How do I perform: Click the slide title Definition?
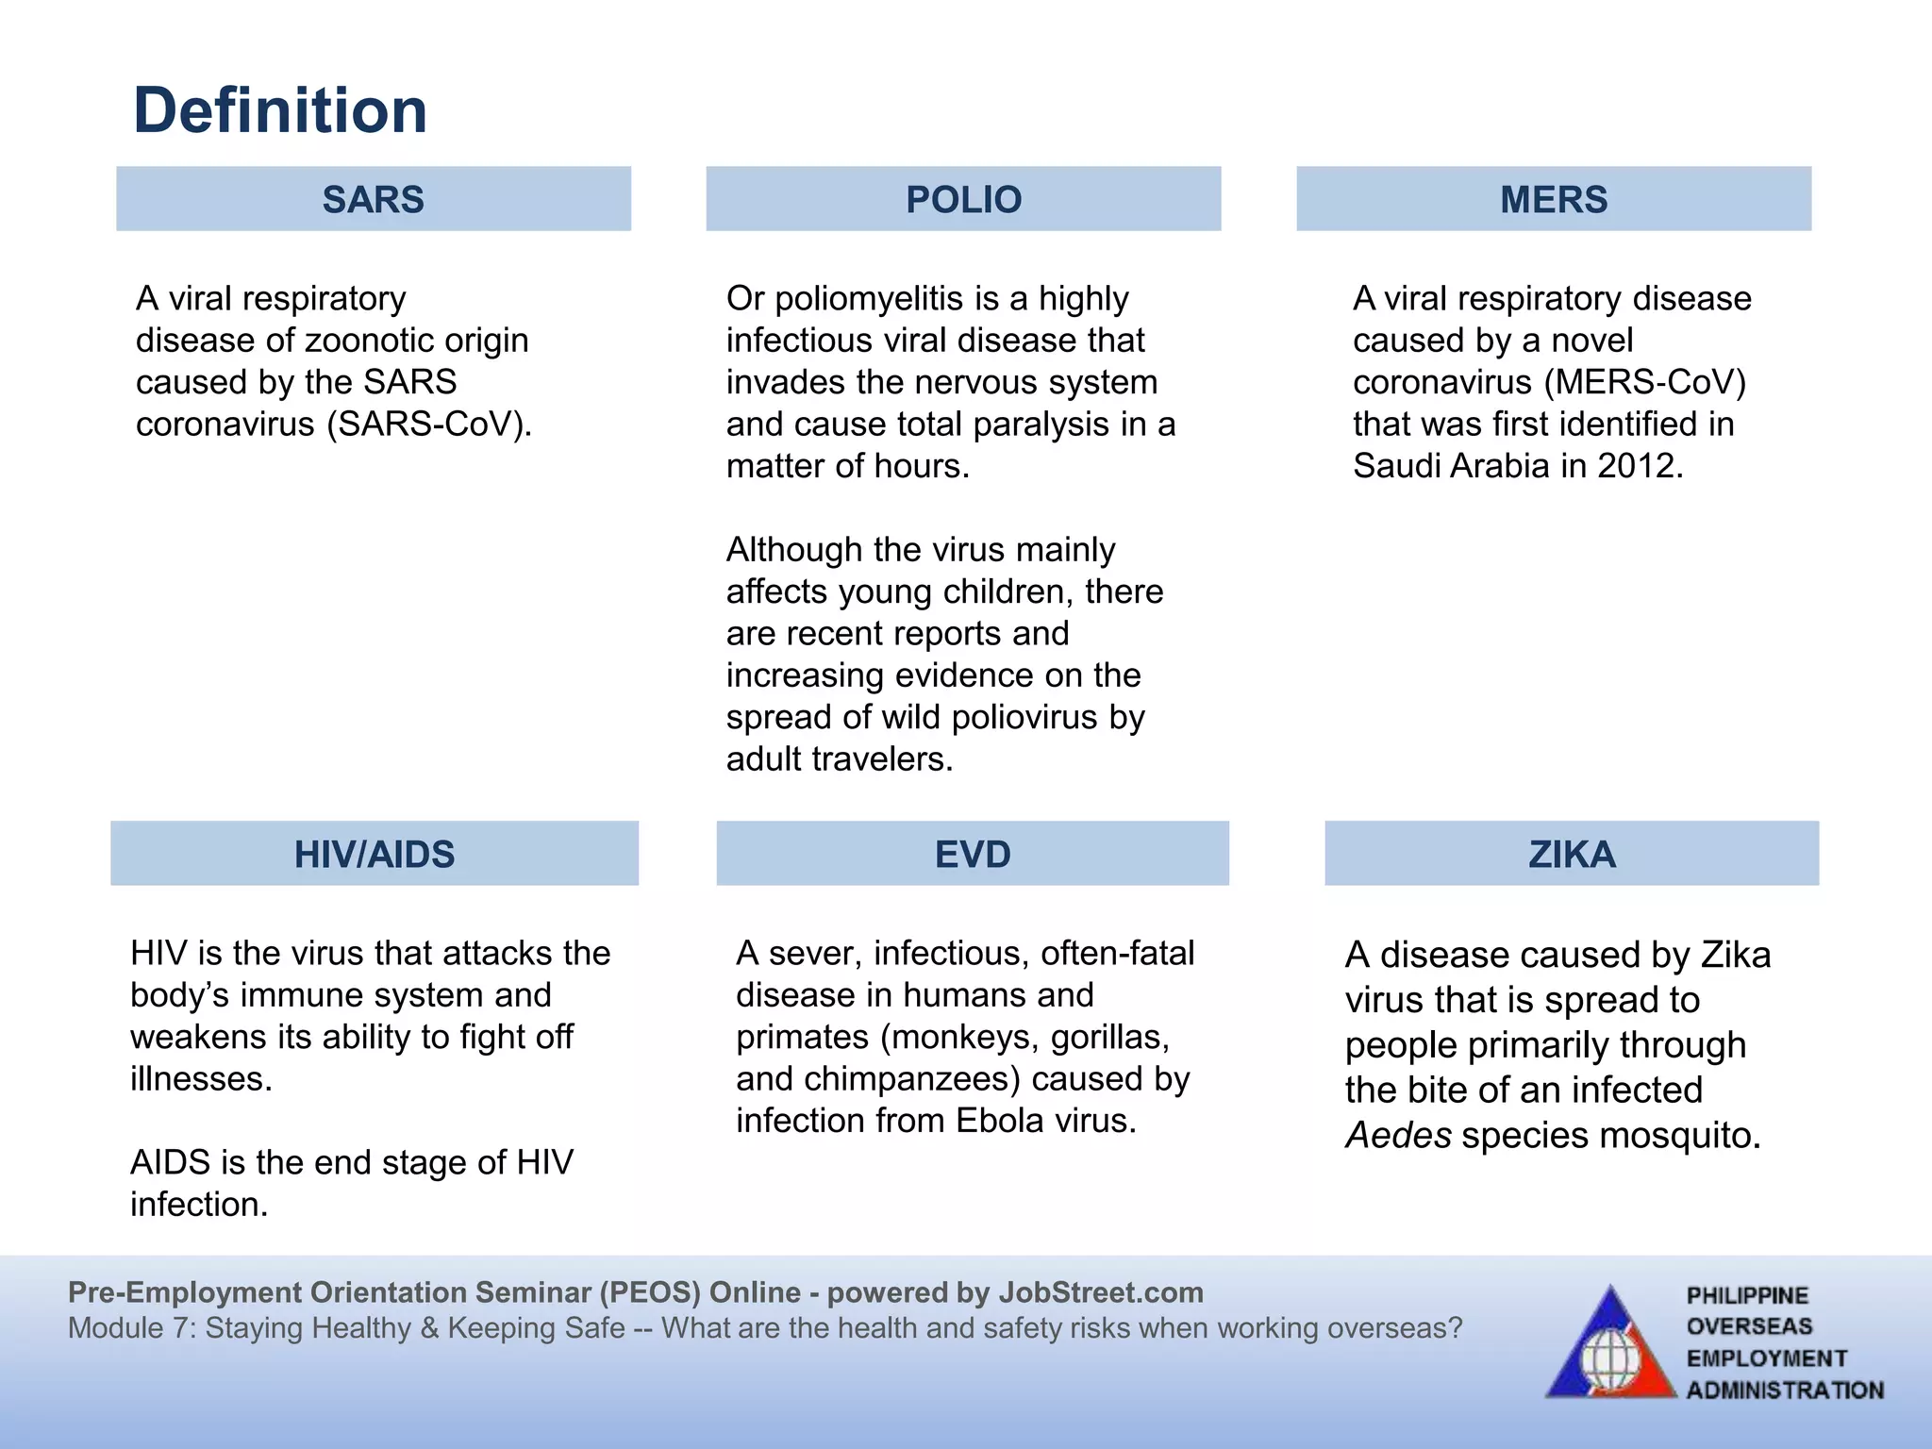[280, 110]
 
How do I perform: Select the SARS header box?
[374, 199]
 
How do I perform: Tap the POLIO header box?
[963, 199]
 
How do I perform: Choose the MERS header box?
[1554, 199]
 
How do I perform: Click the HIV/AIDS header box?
[375, 854]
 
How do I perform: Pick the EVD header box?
[973, 854]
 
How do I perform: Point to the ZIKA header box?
[1572, 854]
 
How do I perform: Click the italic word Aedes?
[1398, 1136]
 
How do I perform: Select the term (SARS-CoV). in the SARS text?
[429, 425]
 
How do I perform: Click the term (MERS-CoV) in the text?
[1645, 382]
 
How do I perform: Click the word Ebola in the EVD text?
[1000, 1121]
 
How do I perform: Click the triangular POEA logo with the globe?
[1610, 1344]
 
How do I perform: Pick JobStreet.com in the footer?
[1101, 1292]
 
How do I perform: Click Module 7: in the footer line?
[131, 1328]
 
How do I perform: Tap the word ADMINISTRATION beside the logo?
[1785, 1391]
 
